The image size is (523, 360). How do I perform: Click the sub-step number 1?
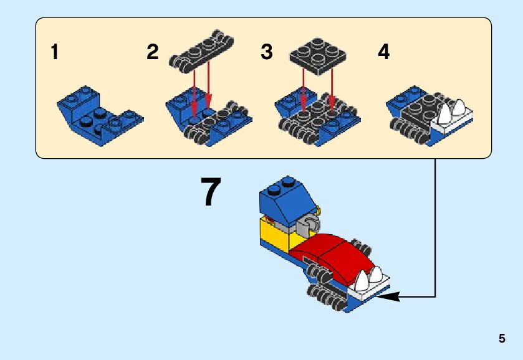(55, 52)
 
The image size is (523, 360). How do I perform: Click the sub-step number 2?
(153, 52)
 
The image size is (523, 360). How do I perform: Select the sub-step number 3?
(267, 52)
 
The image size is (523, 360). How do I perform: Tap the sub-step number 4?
(384, 52)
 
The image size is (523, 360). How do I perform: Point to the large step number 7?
(211, 192)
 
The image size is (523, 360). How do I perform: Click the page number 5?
(502, 339)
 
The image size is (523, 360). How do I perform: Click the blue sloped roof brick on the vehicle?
(284, 199)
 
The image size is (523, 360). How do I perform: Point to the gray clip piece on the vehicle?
(310, 225)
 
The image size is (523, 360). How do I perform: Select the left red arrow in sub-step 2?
(195, 87)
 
